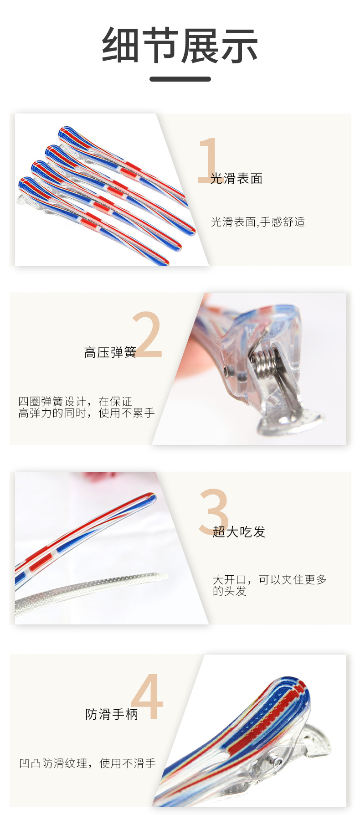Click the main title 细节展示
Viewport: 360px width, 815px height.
180,46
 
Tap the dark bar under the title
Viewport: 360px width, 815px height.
180,79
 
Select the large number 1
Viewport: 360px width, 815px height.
208,160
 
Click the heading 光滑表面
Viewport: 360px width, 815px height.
237,179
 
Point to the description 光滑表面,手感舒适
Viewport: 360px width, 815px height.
258,222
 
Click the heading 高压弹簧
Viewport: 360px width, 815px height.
110,352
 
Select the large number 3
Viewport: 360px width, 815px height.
213,511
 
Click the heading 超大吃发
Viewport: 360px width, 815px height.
239,531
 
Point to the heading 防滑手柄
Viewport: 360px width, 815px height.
112,714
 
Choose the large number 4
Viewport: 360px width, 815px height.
147,697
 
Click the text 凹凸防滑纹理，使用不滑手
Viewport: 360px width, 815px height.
87,763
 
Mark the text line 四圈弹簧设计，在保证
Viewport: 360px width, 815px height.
75,401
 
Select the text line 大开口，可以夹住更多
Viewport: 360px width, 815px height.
270,579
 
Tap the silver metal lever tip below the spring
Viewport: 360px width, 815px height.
292,422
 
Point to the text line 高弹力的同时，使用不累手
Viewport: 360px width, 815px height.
87,413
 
